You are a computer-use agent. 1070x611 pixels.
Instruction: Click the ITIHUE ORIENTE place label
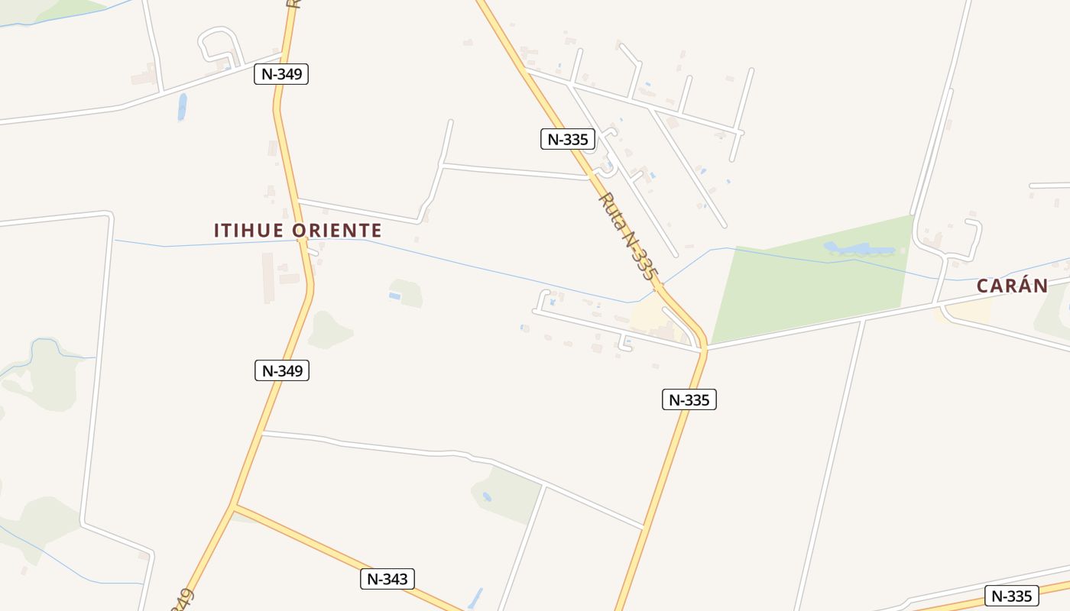[x=297, y=231]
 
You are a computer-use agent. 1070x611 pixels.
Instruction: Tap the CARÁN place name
[x=1012, y=286]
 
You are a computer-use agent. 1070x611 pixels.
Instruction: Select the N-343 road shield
[x=387, y=579]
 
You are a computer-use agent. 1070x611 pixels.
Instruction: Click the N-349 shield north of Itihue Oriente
[x=281, y=74]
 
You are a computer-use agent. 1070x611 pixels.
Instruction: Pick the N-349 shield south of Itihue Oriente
[x=281, y=371]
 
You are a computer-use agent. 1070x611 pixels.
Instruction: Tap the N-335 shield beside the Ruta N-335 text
[x=567, y=139]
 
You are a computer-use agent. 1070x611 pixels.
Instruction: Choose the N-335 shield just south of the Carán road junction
[x=689, y=399]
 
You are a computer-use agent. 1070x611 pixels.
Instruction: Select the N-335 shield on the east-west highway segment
[x=1012, y=596]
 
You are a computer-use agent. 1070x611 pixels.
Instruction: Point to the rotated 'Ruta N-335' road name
[x=627, y=236]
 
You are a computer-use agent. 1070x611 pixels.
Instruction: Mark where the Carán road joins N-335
[x=704, y=348]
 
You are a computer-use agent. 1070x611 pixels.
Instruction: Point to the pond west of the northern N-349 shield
[x=182, y=107]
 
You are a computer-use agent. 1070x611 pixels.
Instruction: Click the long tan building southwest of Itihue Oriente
[x=267, y=278]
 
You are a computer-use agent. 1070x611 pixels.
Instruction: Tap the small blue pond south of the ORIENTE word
[x=394, y=296]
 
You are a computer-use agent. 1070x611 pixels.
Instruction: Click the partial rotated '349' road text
[x=183, y=599]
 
